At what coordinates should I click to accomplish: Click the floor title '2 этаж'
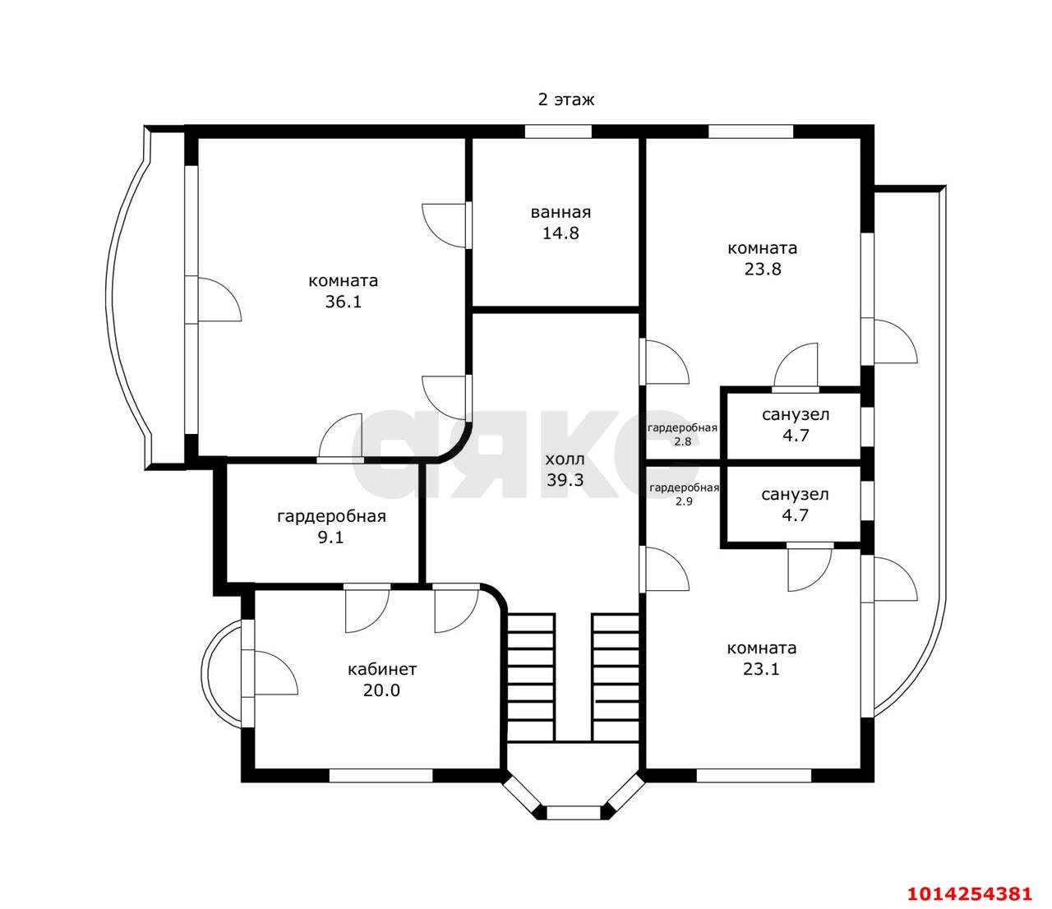click(566, 99)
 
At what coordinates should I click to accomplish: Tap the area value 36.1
click(343, 302)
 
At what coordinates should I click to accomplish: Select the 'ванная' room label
click(561, 212)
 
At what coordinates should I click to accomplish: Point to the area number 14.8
click(561, 233)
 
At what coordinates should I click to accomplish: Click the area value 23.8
click(763, 269)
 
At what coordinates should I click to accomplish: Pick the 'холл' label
click(565, 459)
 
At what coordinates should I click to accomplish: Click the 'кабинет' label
click(382, 669)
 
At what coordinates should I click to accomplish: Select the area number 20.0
click(381, 690)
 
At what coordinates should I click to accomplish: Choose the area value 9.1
click(331, 538)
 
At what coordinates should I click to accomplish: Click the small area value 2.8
click(682, 442)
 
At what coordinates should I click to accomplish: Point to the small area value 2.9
click(684, 501)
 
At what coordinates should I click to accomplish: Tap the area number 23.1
click(761, 669)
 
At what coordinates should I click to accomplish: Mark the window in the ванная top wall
click(558, 132)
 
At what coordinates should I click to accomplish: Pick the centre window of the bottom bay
click(574, 812)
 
